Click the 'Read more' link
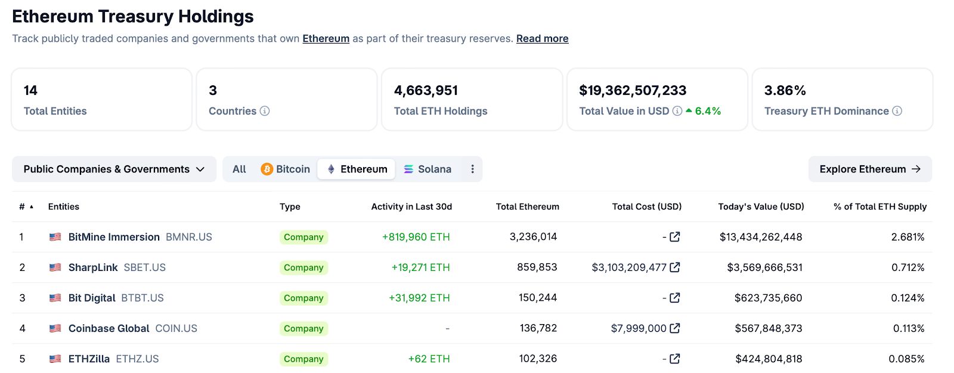542,39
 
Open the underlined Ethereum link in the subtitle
326,39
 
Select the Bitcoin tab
286,169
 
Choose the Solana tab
428,169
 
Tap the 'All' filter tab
239,169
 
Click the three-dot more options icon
472,169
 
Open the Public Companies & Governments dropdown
114,169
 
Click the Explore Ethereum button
869,169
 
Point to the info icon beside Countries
265,111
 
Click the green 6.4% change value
708,111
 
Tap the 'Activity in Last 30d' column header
411,206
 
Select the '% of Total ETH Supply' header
879,206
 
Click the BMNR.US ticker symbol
189,237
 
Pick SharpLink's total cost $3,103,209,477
628,267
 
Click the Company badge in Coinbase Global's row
303,329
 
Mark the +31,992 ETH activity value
419,298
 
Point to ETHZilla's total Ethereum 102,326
537,359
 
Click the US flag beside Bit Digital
55,298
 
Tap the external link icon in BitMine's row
675,237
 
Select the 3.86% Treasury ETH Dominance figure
785,91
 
